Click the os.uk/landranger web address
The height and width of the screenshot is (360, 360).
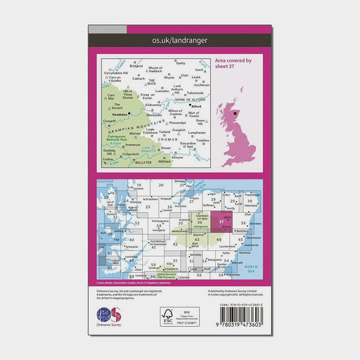(180, 41)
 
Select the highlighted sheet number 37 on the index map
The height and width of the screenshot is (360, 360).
(222, 223)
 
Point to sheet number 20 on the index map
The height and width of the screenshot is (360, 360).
(160, 185)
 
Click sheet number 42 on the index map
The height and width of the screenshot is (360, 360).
(175, 244)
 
